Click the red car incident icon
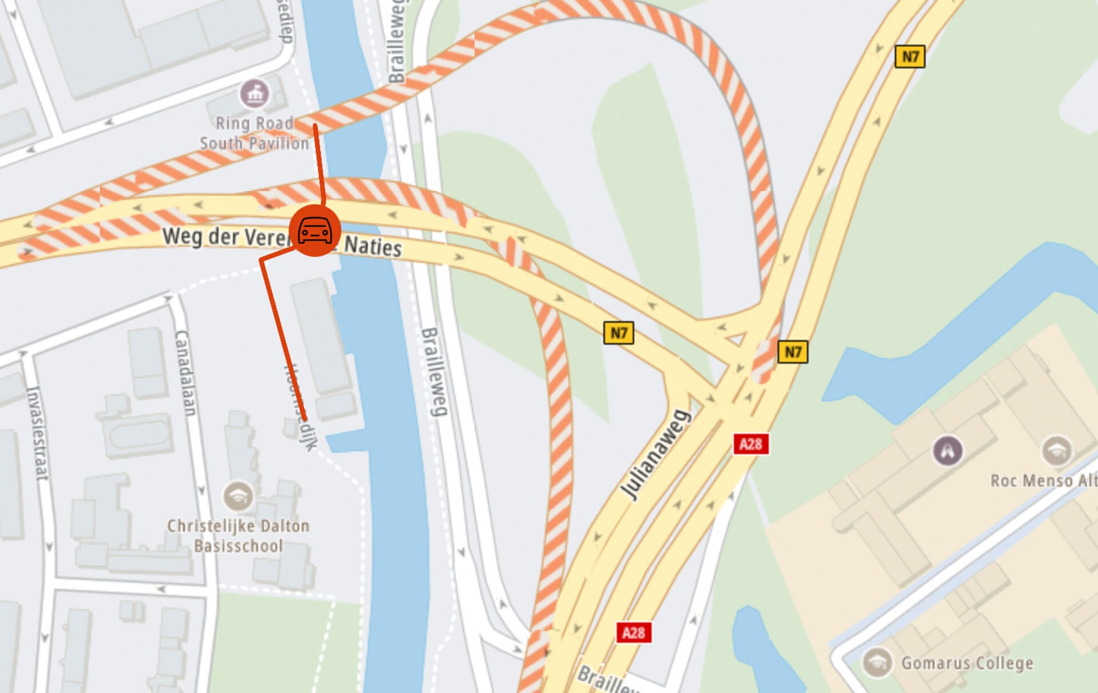click(x=315, y=230)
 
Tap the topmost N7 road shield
click(x=909, y=57)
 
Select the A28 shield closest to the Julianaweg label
click(x=750, y=444)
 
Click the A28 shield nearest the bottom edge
click(x=634, y=632)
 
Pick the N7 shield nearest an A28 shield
click(x=792, y=352)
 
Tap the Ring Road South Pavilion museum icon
click(x=254, y=93)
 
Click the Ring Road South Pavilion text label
click(x=253, y=133)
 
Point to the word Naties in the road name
click(x=373, y=246)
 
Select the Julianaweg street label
click(x=656, y=455)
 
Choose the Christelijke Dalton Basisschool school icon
click(x=238, y=496)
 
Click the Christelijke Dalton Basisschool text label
click(x=238, y=535)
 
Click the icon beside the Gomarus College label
click(x=876, y=662)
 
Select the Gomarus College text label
click(x=967, y=663)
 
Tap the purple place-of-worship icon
click(x=948, y=450)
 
